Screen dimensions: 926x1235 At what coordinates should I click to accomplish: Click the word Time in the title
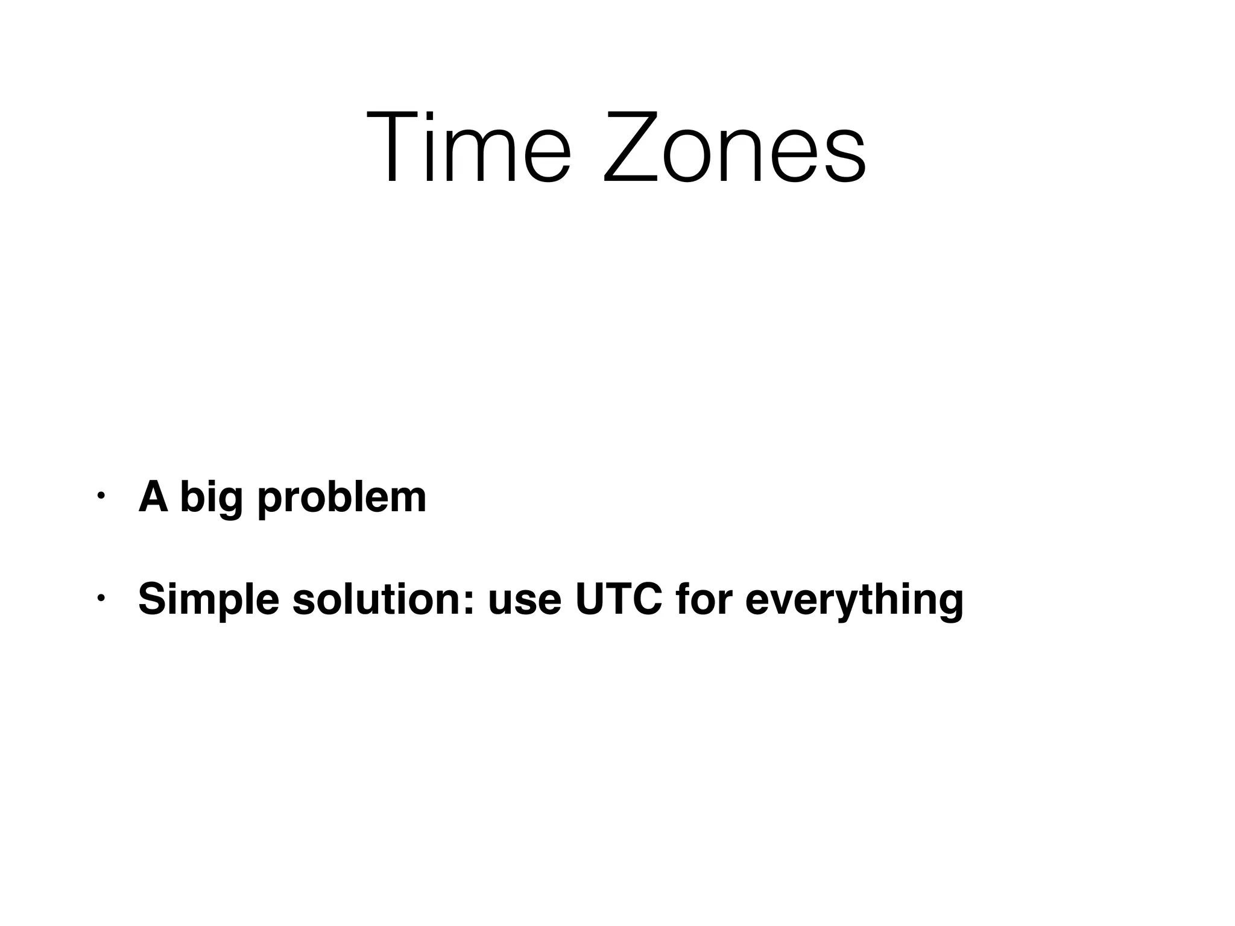pos(468,147)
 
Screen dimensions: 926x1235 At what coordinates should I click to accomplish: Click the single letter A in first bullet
pos(153,497)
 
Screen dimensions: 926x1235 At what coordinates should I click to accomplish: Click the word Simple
pos(208,600)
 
